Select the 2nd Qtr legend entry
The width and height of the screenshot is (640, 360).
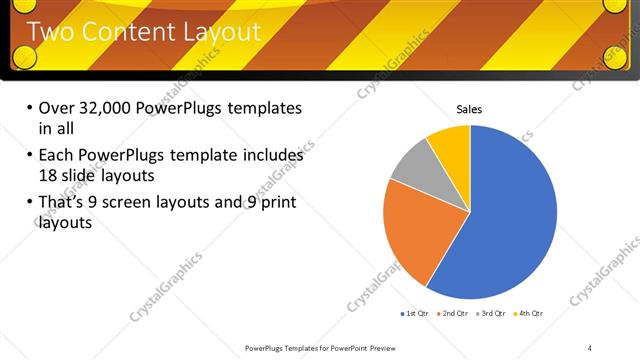(x=455, y=313)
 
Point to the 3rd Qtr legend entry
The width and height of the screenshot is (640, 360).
(x=493, y=313)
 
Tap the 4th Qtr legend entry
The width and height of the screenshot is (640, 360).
(x=528, y=313)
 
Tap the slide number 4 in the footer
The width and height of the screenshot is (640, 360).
(x=589, y=347)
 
